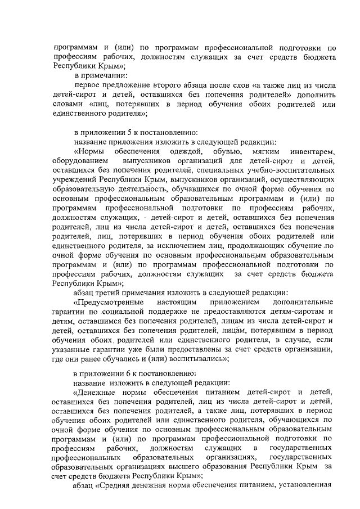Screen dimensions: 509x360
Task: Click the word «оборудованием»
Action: coord(77,162)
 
